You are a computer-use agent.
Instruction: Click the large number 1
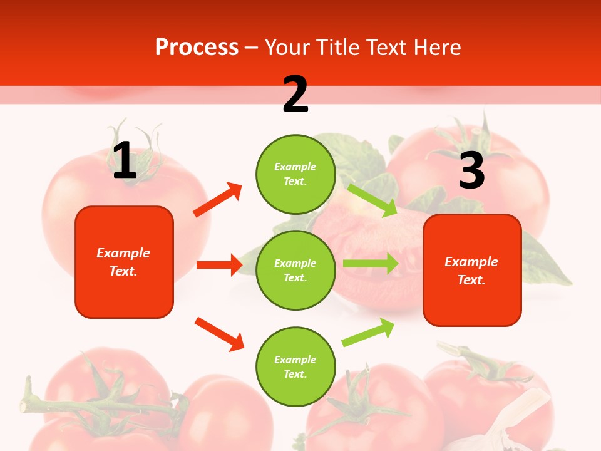[124, 161]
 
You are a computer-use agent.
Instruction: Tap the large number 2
[295, 95]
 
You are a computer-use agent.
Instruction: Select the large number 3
[471, 170]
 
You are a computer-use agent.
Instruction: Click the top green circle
[295, 174]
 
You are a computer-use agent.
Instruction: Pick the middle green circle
[295, 271]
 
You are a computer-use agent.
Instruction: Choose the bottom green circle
[295, 367]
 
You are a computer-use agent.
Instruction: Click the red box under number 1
[124, 262]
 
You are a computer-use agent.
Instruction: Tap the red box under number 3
[472, 271]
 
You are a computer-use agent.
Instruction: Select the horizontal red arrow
[219, 265]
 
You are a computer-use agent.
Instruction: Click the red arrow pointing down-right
[219, 334]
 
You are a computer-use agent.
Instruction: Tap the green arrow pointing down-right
[372, 200]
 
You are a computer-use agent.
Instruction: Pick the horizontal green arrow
[371, 263]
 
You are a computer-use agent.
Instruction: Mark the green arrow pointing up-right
[368, 333]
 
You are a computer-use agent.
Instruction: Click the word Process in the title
[197, 48]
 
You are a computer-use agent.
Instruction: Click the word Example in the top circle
[295, 167]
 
